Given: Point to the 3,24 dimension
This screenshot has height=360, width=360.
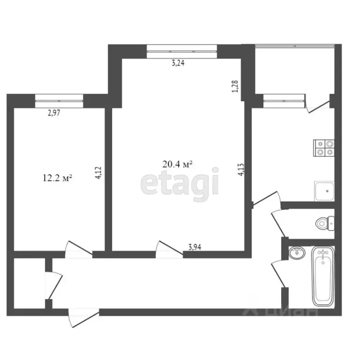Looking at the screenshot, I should pos(178,63).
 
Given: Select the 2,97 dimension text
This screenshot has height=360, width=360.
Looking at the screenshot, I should pos(55,112).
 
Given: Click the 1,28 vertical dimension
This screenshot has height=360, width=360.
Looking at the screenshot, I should pos(236,87).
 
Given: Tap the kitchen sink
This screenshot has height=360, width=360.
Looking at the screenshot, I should pos(324,190).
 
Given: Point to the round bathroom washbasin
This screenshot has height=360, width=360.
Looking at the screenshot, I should pos(296,254).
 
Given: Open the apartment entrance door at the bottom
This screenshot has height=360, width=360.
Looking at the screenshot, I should pos(83,318).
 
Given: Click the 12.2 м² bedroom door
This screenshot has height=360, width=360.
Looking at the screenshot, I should pos(78,248).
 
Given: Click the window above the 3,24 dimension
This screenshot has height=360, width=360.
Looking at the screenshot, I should pos(181,51).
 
